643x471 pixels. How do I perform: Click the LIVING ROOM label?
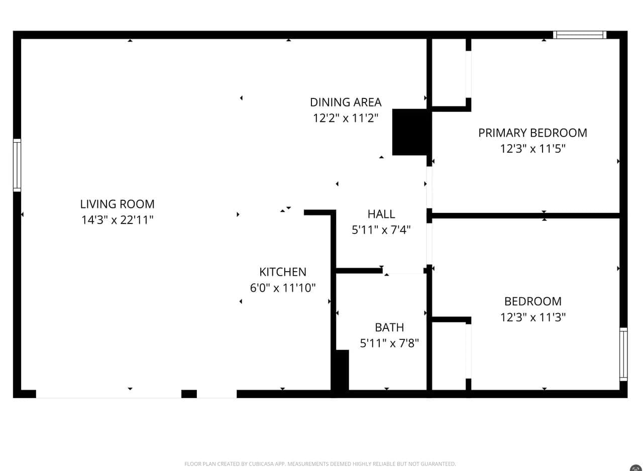[x=117, y=204]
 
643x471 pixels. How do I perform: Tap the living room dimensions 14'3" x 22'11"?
[x=117, y=220]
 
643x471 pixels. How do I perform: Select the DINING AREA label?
[x=346, y=102]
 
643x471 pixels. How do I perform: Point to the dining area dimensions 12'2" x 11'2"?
[x=346, y=118]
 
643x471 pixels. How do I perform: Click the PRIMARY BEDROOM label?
[x=533, y=133]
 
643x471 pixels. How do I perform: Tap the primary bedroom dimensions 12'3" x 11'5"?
[x=533, y=149]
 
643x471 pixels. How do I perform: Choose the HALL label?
[x=381, y=214]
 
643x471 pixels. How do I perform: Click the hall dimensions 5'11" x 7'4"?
[x=381, y=229]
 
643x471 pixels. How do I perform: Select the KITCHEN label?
[x=283, y=272]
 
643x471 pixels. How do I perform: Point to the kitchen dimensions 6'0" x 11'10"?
[x=283, y=288]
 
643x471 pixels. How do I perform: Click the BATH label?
[x=389, y=327]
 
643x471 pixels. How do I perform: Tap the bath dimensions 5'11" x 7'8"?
[x=389, y=343]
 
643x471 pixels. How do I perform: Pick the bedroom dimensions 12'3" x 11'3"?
[x=533, y=317]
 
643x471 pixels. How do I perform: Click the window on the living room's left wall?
[x=17, y=165]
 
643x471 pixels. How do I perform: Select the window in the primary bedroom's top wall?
[x=580, y=35]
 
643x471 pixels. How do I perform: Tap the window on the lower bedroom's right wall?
[x=623, y=354]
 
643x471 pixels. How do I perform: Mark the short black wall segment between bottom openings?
[x=189, y=394]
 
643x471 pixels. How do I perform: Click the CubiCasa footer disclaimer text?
[x=320, y=464]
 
